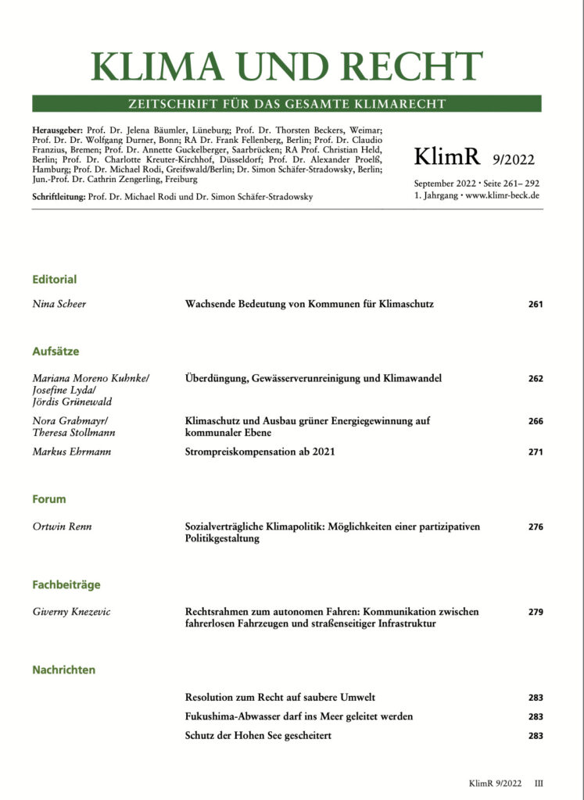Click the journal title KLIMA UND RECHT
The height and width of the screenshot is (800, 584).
[286, 67]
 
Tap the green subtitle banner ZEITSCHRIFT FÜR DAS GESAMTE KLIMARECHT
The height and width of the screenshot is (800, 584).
[286, 104]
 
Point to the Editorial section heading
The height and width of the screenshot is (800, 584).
[54, 279]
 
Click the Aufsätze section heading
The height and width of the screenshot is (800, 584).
[56, 352]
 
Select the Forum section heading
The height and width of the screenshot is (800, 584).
[48, 499]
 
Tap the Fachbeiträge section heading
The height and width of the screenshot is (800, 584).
[66, 584]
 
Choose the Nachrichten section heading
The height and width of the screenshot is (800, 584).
[64, 670]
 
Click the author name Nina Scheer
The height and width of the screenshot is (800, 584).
[59, 304]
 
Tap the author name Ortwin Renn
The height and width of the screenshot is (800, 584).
[63, 527]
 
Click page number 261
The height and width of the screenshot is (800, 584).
[535, 304]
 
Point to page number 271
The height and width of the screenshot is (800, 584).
[535, 452]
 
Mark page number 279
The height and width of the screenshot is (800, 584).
[535, 612]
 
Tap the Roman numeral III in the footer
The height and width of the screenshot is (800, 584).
[539, 782]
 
